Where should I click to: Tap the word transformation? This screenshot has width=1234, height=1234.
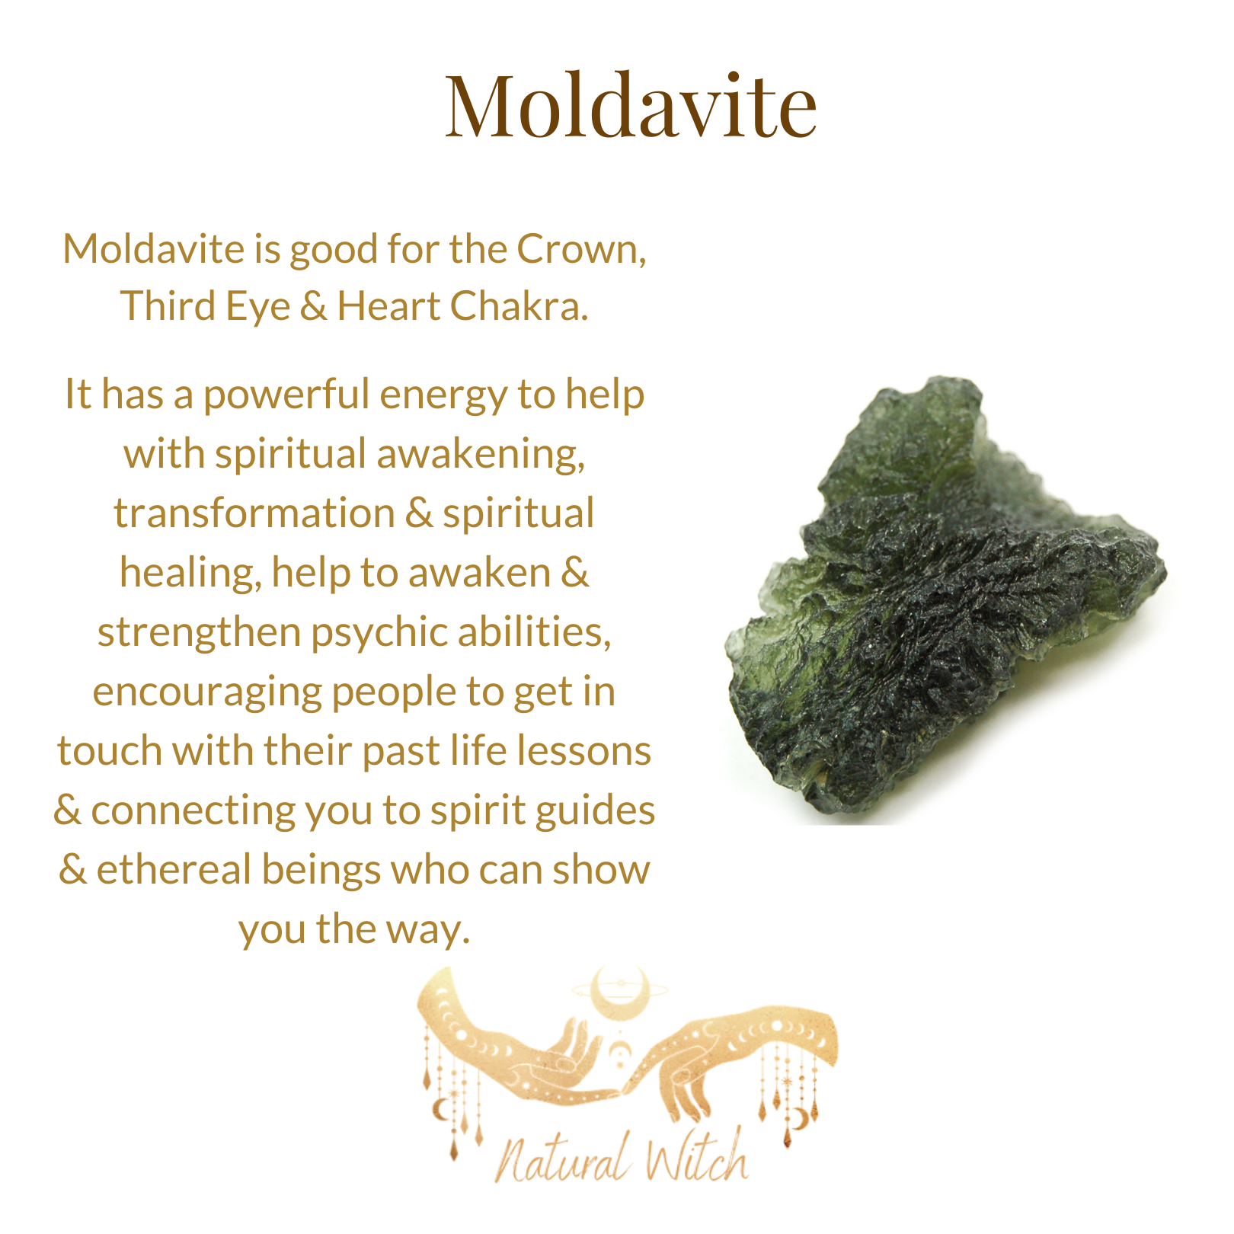click(254, 513)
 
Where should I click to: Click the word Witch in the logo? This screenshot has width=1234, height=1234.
click(695, 1154)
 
